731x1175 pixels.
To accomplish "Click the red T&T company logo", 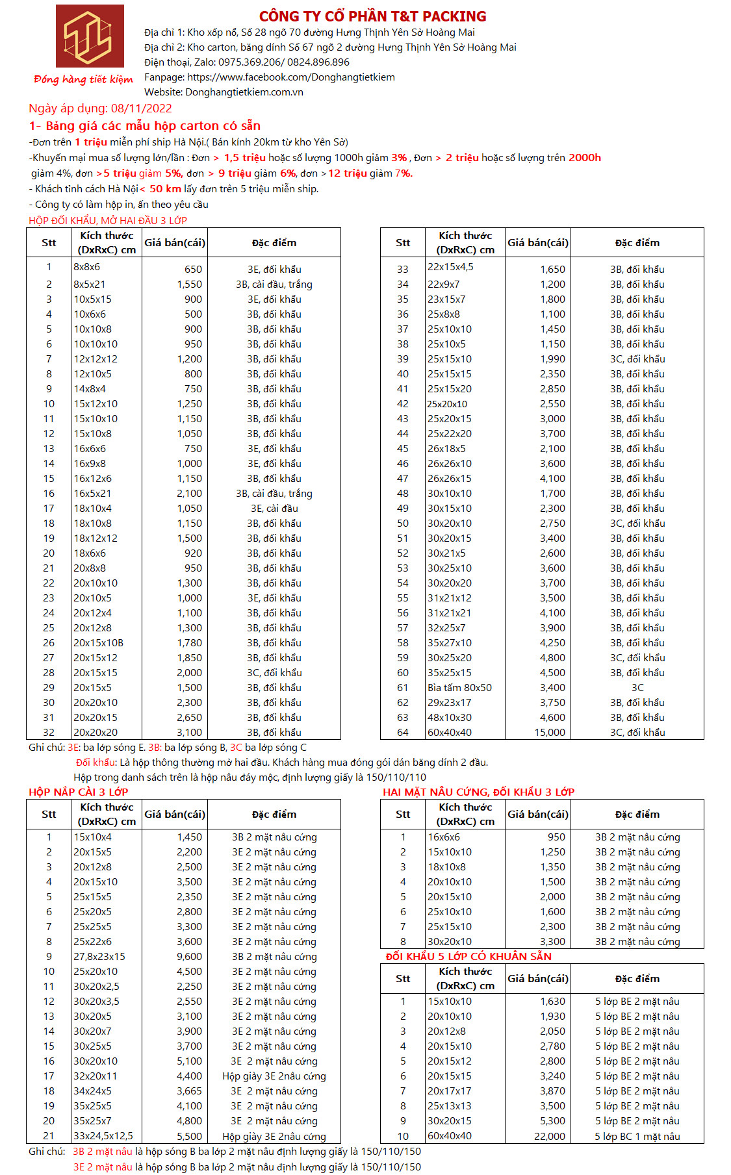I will (x=90, y=36).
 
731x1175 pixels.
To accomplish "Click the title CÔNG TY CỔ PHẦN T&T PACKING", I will (x=372, y=16).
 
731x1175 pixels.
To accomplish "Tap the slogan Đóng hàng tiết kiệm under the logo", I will (x=83, y=79).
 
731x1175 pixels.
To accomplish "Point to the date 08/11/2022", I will (x=141, y=108).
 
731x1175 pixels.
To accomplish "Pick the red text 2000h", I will (x=584, y=158).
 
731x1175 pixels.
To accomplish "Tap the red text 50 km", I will (x=165, y=189).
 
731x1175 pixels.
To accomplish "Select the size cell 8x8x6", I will (x=87, y=267).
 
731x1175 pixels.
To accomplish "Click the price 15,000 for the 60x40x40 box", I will (x=550, y=733).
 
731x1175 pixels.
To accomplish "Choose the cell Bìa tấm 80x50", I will (x=459, y=688).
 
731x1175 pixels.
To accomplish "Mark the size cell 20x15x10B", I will (x=98, y=643).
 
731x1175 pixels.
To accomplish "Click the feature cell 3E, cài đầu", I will (x=274, y=509).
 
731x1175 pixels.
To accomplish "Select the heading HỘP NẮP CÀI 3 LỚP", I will (x=78, y=792).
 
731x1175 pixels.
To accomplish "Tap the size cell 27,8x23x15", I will (x=99, y=957).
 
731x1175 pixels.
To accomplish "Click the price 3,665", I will (x=189, y=1091).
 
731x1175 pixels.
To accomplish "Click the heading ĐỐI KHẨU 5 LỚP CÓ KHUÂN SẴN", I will (x=468, y=956).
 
